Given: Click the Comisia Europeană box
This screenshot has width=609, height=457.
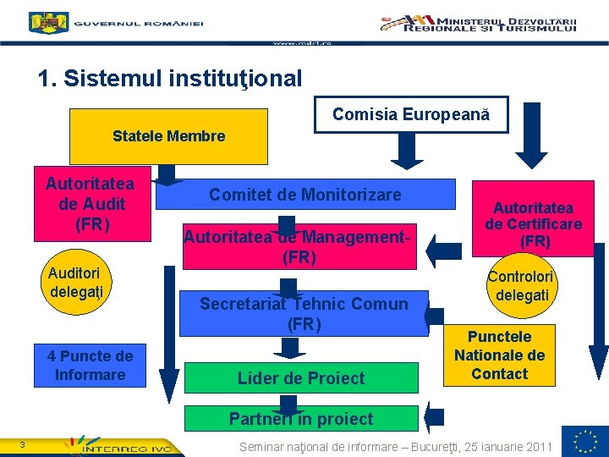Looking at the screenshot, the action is tap(411, 114).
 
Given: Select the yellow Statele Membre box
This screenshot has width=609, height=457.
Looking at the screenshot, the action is tap(168, 135).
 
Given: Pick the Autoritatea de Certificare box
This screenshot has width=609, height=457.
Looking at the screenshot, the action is tap(534, 224).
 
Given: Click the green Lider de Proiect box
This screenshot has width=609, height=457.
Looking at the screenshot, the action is tap(301, 377).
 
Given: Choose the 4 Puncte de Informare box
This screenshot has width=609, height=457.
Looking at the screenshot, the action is tap(90, 365).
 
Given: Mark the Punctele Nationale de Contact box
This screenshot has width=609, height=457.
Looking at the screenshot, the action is tap(500, 355).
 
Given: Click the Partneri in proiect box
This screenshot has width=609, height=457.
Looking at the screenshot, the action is tap(301, 418).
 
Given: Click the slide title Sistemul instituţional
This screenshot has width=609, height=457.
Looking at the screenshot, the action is tap(170, 79).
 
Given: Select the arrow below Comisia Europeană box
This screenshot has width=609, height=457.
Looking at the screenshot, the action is tap(410, 149).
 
